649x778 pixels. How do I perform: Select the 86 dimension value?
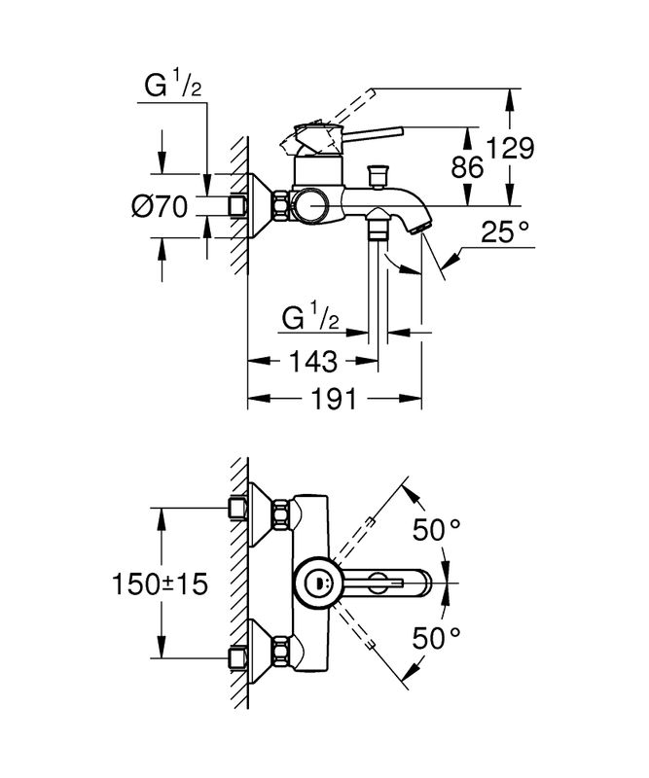coord(467,166)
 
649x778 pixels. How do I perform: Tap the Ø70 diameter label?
coord(159,206)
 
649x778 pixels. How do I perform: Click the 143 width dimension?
coord(312,362)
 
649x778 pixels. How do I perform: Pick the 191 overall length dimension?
coord(334,399)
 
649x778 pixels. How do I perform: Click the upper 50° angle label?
coord(435,530)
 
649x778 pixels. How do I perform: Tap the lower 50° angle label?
coord(435,639)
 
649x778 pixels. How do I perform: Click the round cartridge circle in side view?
coord(313,205)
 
